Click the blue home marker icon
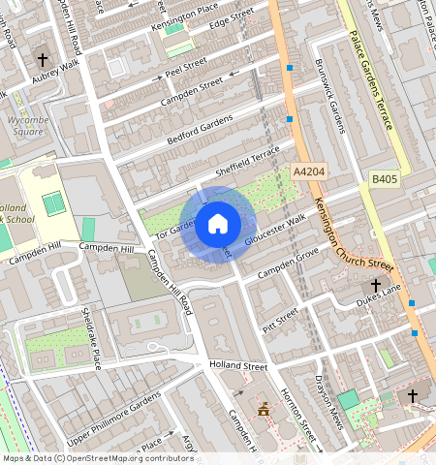[218, 225]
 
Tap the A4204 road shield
[307, 171]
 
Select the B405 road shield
[385, 179]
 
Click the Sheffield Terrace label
[247, 159]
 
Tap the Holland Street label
[237, 366]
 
